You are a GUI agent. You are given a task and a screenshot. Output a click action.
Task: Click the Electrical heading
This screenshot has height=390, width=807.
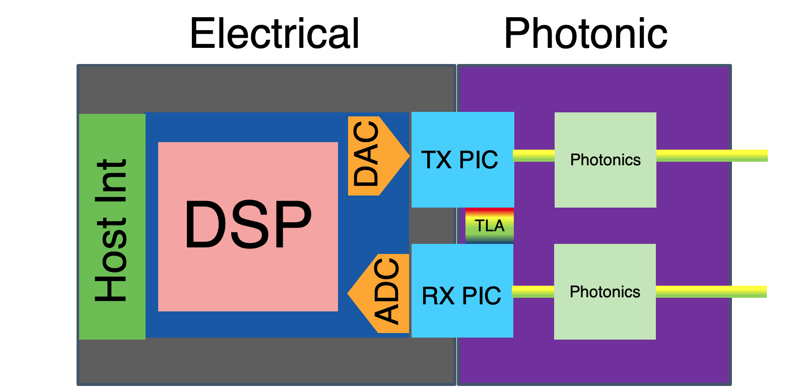pyautogui.click(x=275, y=33)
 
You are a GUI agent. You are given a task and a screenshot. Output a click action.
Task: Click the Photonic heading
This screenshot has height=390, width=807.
pyautogui.click(x=585, y=33)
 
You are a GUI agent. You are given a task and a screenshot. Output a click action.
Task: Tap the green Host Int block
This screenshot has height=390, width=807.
pyautogui.click(x=112, y=227)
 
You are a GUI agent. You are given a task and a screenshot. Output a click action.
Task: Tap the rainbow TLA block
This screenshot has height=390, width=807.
pyautogui.click(x=489, y=226)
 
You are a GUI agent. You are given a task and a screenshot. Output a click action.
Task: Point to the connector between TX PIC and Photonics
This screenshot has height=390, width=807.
pyautogui.click(x=534, y=156)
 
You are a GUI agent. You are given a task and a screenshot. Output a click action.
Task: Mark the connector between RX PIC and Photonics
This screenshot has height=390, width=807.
pyautogui.click(x=533, y=292)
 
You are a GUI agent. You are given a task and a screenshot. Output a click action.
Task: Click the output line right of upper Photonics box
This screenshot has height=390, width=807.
pyautogui.click(x=712, y=156)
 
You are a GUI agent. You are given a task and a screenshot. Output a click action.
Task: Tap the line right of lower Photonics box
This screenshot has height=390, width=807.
pyautogui.click(x=711, y=292)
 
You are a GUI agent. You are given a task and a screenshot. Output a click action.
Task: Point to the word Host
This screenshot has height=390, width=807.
pyautogui.click(x=111, y=259)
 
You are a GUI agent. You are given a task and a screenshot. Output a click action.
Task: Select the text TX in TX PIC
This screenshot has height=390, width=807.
pyautogui.click(x=437, y=160)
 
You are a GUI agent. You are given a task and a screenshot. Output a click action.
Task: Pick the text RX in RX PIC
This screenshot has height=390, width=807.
pyautogui.click(x=438, y=296)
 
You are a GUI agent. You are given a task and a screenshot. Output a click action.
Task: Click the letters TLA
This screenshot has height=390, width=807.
pyautogui.click(x=489, y=226)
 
